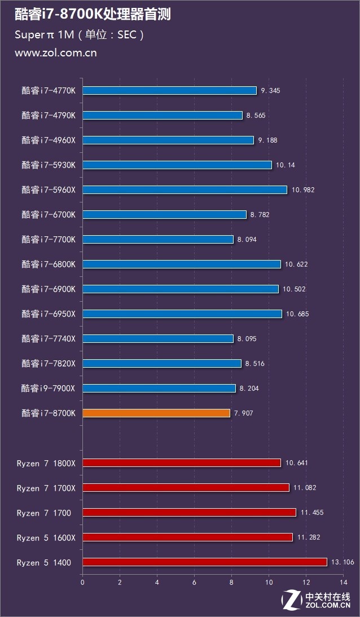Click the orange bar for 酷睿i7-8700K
pos(156,413)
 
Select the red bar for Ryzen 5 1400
pos(205,562)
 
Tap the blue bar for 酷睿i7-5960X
pos(185,190)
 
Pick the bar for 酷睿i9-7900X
pos(159,389)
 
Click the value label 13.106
pos(341,562)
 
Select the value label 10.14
pos(285,165)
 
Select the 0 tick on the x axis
pos(83,581)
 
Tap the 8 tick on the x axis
pos(231,581)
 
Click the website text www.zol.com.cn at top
pos(55,53)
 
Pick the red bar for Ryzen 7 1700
pos(189,513)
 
